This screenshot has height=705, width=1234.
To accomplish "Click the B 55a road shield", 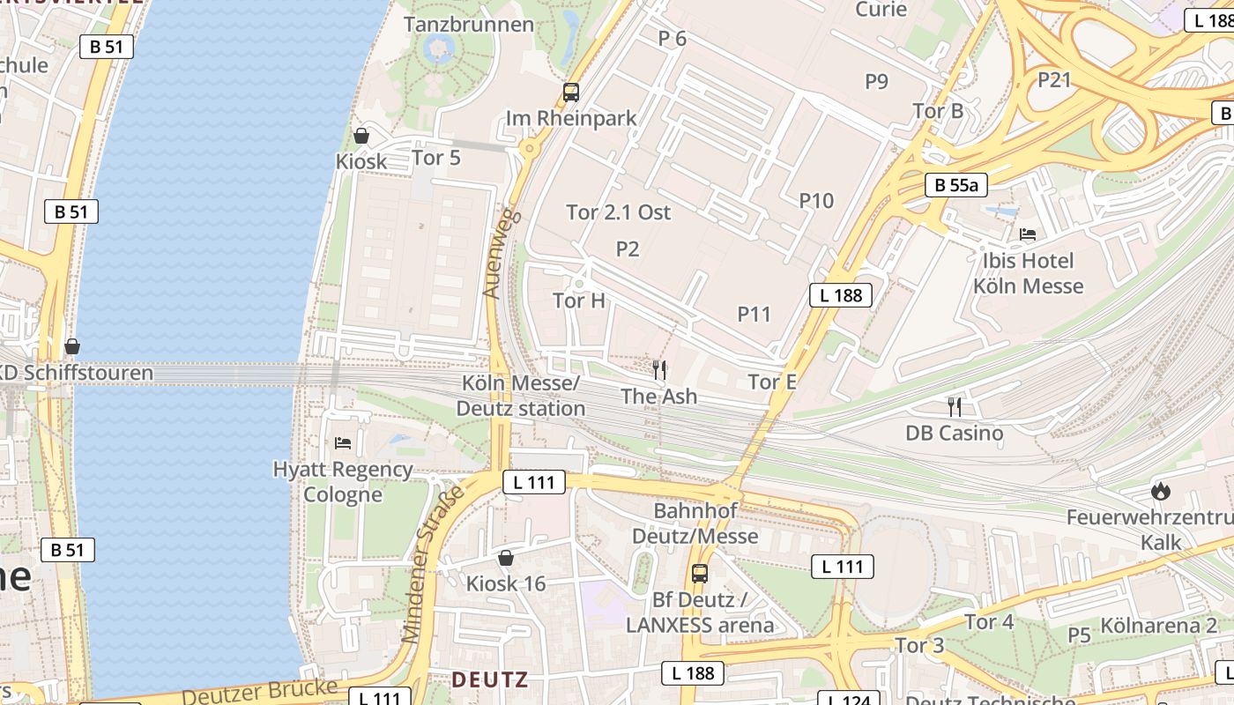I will click(x=955, y=185).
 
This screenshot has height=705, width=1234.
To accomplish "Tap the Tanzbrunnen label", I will click(x=468, y=24).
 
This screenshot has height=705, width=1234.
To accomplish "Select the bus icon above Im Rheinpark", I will click(x=571, y=92).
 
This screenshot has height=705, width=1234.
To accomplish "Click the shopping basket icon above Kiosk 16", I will click(x=506, y=558).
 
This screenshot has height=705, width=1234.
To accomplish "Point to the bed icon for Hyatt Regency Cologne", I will click(x=343, y=442).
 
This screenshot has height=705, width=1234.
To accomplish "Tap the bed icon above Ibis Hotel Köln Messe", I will click(x=1028, y=234).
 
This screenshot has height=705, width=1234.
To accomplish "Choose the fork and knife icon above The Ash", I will click(x=659, y=370).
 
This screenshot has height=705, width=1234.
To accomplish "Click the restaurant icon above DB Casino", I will click(x=955, y=406).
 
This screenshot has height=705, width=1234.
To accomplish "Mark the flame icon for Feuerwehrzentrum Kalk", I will click(x=1161, y=491).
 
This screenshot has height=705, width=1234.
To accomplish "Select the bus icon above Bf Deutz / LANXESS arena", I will click(x=700, y=574).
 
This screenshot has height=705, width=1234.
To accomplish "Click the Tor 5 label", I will click(x=436, y=159).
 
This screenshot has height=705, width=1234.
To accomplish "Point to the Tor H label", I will click(x=579, y=301).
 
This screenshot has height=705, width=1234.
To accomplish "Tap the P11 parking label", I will click(x=755, y=314).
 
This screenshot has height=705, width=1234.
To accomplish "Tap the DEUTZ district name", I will click(x=490, y=679).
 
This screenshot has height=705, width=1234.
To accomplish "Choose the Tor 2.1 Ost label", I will click(x=618, y=212).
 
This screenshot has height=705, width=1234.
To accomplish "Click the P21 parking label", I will click(x=1054, y=80).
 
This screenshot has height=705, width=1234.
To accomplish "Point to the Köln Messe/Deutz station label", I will click(x=521, y=396).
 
